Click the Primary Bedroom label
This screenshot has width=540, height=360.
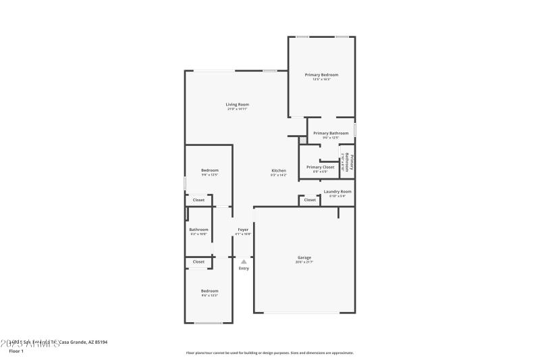click(321, 75)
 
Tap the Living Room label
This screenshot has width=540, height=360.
click(238, 105)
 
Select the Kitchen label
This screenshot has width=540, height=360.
click(279, 171)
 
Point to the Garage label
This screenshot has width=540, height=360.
click(304, 257)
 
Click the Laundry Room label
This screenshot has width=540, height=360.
click(337, 192)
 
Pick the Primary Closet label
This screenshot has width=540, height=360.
click(320, 167)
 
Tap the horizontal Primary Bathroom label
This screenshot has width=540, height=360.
click(331, 133)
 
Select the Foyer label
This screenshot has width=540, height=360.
click(243, 230)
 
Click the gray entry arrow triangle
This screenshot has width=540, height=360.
click(244, 261)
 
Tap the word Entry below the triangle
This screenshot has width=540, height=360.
click(244, 269)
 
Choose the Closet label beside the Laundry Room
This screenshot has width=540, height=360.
click(310, 200)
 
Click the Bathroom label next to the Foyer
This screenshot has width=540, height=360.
click(198, 230)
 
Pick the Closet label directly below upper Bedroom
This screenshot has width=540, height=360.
click(198, 200)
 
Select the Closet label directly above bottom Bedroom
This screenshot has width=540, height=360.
click(198, 262)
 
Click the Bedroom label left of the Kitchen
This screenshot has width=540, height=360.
click(209, 170)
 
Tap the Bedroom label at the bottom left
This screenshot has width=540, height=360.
click(209, 291)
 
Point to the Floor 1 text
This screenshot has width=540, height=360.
click(16, 351)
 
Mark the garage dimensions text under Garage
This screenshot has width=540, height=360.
click(304, 262)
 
